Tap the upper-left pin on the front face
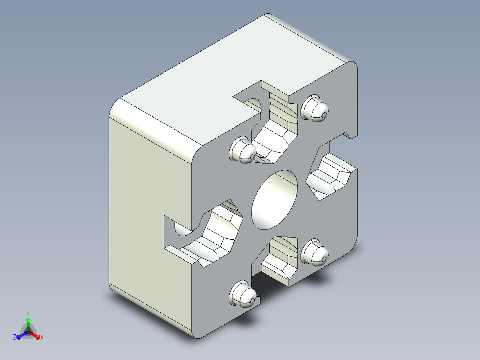point(243,150)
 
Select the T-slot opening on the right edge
point(332,176)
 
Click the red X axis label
point(42,338)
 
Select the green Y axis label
point(28,313)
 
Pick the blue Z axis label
point(15,338)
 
